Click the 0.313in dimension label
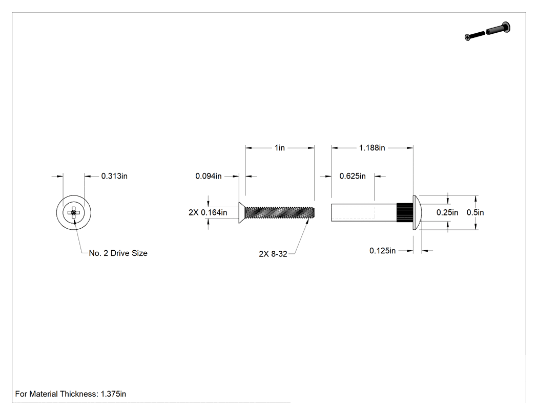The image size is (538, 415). (114, 176)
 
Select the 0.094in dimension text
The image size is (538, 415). (208, 176)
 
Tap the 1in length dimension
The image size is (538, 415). (280, 148)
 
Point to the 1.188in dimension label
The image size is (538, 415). (372, 148)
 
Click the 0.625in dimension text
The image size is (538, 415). (353, 176)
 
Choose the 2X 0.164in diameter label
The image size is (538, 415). (208, 212)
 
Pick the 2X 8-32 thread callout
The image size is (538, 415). (273, 254)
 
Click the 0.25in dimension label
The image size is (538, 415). (447, 212)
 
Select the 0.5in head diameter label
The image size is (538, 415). (475, 212)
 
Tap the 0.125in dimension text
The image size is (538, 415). (383, 251)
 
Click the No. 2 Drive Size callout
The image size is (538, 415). (118, 253)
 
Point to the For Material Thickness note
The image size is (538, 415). (71, 394)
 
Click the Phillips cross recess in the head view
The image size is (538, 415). (74, 212)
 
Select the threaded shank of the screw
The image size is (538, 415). (280, 212)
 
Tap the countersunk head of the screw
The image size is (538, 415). (242, 212)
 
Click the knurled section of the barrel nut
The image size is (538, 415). (405, 212)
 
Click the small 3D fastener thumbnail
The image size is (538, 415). (488, 31)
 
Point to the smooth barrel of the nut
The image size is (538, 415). (364, 212)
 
